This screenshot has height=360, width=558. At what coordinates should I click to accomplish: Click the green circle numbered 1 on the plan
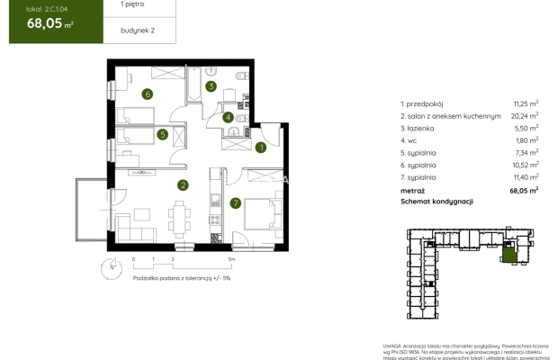tap(260, 147)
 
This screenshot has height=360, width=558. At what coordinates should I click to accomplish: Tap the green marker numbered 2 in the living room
tap(183, 185)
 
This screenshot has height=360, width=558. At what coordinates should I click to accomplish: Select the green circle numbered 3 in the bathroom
tap(210, 86)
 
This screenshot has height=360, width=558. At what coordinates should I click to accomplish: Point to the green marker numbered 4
tap(229, 117)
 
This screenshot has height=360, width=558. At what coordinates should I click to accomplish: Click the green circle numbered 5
tap(161, 135)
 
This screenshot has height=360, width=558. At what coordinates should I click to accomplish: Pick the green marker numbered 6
tap(146, 93)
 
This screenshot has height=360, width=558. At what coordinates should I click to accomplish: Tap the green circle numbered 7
tap(235, 202)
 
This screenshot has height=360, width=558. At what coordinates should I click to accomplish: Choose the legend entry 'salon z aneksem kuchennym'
tap(449, 116)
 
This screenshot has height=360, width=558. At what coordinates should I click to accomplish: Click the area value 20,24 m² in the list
tap(525, 116)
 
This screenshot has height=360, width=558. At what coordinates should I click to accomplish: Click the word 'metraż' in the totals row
tap(413, 191)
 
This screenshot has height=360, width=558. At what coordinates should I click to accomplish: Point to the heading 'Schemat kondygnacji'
tap(437, 202)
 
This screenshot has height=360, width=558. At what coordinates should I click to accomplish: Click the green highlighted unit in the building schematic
tap(509, 254)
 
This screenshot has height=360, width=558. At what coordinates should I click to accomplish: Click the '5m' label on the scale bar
tap(231, 258)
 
